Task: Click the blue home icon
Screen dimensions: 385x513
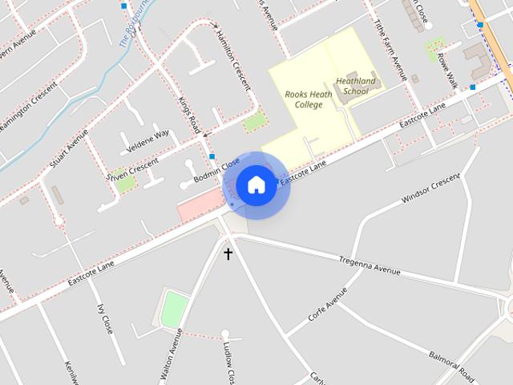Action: click(x=256, y=184)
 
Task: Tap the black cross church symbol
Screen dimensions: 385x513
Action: click(x=228, y=254)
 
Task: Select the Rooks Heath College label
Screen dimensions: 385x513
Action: click(x=304, y=99)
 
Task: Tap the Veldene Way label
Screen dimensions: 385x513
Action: click(x=148, y=141)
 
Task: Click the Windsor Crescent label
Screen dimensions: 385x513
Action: click(x=430, y=188)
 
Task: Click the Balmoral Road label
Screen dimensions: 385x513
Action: click(x=451, y=365)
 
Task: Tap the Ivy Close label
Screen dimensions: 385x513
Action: click(x=105, y=319)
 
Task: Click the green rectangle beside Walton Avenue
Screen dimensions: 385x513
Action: click(x=174, y=309)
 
